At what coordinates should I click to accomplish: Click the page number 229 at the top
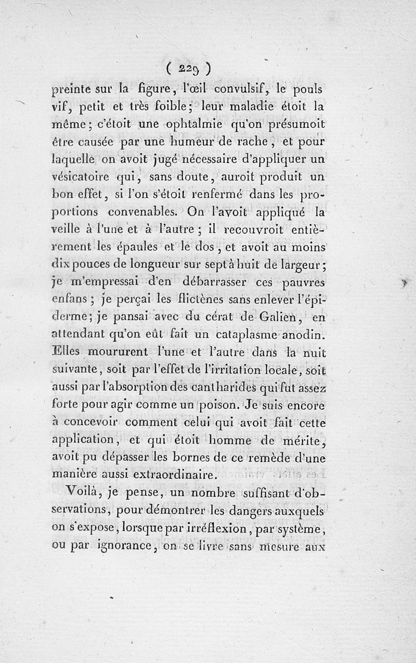188,68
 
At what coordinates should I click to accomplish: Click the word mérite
303,441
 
